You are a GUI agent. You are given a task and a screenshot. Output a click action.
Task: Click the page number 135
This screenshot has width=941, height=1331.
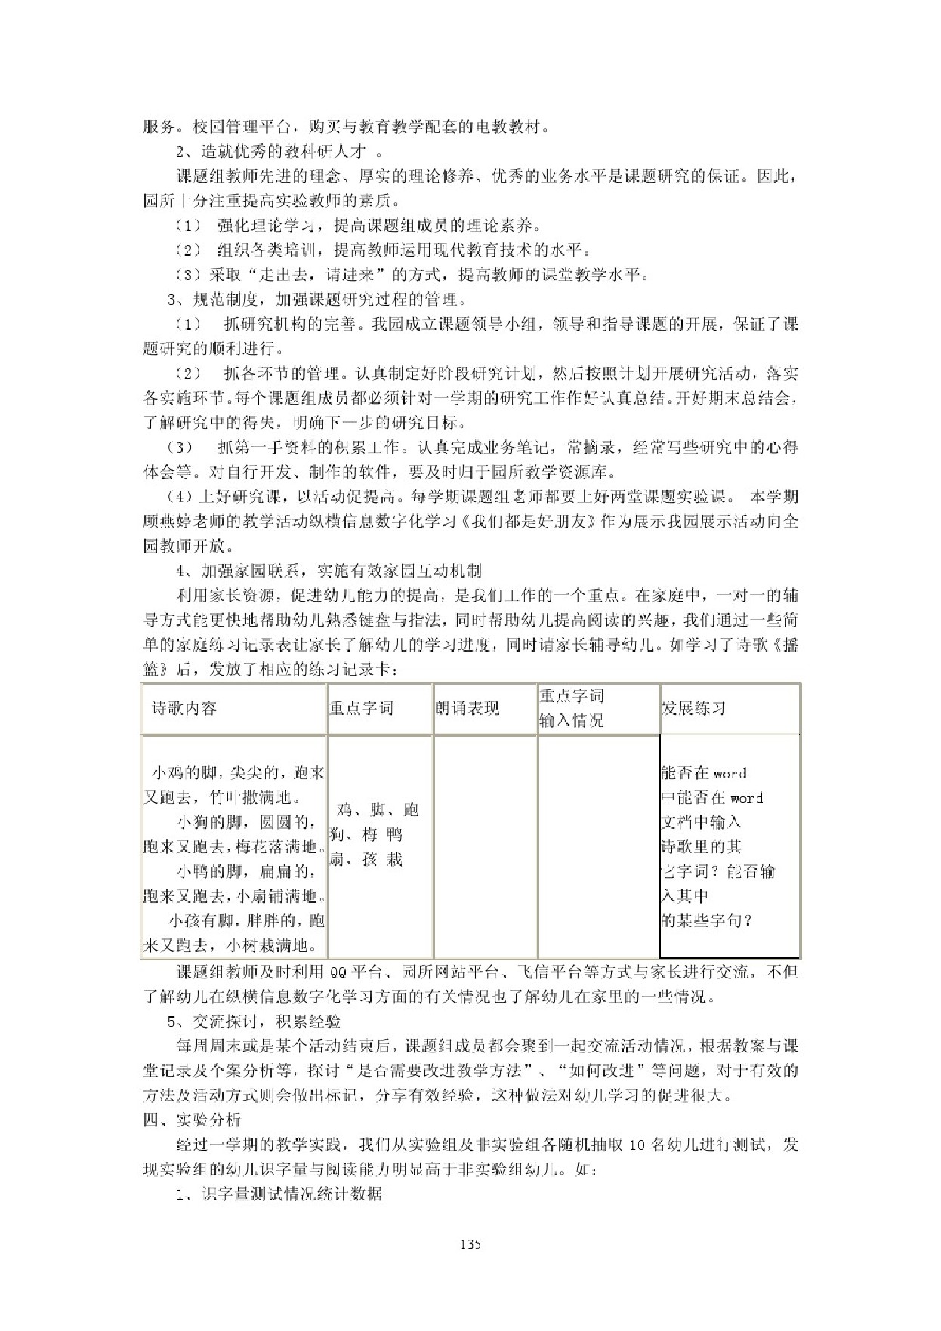pos(470,1245)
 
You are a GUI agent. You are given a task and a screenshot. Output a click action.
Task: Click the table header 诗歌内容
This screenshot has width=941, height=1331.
pos(184,708)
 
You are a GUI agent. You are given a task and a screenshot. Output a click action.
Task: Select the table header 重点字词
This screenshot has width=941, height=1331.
pos(361,708)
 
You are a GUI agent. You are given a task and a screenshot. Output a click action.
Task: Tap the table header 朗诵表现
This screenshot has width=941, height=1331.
pos(467,708)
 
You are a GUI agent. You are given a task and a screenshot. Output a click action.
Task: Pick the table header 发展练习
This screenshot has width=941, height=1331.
pos(693,708)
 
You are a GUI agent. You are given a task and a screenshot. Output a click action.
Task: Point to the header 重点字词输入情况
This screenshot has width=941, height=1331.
pos(571,708)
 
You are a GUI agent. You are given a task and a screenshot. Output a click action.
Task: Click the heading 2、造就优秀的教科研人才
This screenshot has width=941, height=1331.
pos(271,152)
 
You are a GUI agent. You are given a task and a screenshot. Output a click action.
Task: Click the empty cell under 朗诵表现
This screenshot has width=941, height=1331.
pos(485,846)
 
